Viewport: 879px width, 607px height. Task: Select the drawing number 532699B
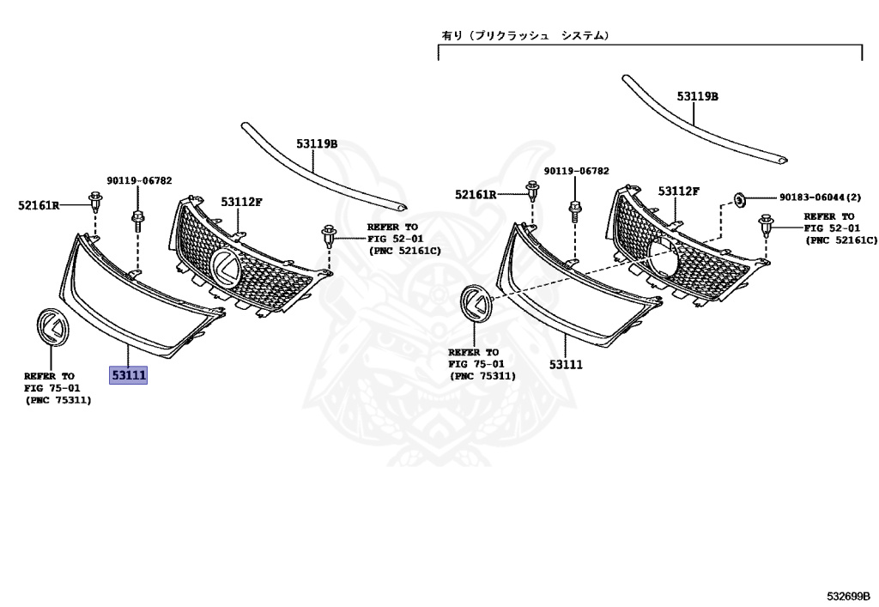[848, 595]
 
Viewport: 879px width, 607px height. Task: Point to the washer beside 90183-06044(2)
[738, 199]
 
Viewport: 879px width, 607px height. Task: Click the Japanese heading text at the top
[525, 36]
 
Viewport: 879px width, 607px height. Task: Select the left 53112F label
[241, 202]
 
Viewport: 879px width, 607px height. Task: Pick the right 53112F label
[679, 191]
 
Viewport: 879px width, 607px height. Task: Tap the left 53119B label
[318, 144]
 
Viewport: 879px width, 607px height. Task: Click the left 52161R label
[39, 205]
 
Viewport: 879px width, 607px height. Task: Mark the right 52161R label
[476, 195]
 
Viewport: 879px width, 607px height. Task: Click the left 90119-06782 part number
[139, 180]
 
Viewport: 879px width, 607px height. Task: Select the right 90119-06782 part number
[577, 171]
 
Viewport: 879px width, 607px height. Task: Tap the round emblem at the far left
[53, 325]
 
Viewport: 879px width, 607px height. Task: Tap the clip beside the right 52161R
[532, 192]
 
